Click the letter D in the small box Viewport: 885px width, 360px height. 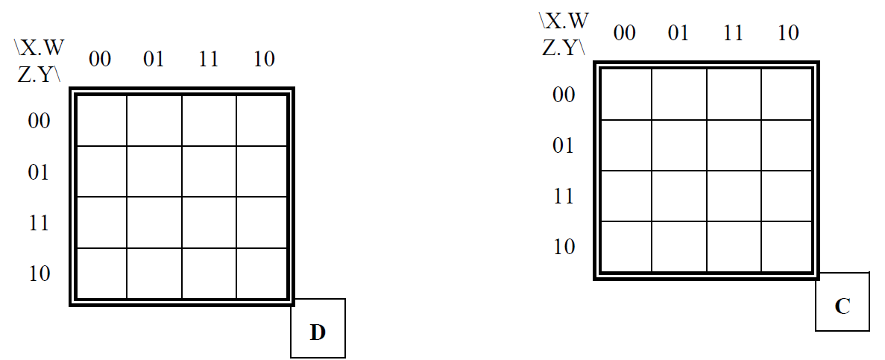point(318,332)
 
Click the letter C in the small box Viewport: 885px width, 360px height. point(843,306)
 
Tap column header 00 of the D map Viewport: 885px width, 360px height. point(100,59)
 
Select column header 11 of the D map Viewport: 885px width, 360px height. point(209,59)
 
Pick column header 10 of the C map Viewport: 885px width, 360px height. point(787,33)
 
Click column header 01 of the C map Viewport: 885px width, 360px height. point(678,33)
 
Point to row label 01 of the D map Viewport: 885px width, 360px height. point(39,172)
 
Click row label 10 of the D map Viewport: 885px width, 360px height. point(39,274)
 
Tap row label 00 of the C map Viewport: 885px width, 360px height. point(564,94)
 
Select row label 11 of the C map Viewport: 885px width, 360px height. point(564,196)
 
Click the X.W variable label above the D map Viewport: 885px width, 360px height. point(40,48)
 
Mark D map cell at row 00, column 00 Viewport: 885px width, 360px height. point(101,120)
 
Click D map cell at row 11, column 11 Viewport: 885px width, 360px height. point(210,222)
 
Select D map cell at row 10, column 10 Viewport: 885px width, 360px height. point(262,274)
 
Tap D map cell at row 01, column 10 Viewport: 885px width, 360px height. point(262,171)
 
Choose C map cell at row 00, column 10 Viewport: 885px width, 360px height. point(787,94)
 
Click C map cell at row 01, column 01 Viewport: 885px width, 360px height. point(679,145)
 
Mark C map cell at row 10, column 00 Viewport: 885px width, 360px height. point(626,247)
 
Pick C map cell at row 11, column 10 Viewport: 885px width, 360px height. point(787,196)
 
